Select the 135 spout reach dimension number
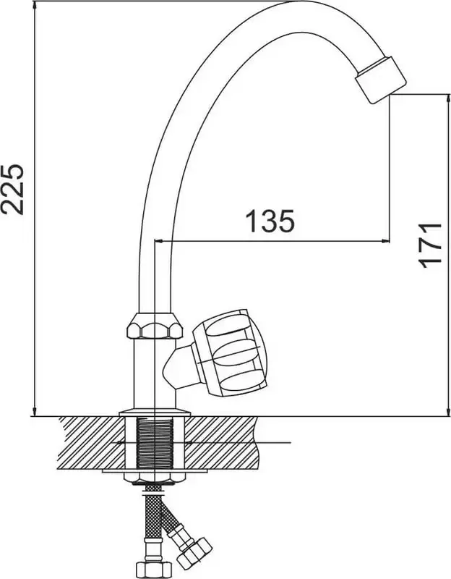[x=270, y=221]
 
